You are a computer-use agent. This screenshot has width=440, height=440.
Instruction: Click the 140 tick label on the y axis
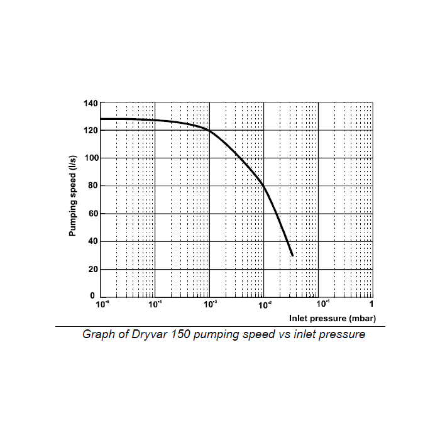(89, 102)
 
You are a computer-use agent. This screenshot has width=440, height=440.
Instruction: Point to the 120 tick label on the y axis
(89, 130)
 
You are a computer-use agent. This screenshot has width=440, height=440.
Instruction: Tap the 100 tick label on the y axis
(89, 158)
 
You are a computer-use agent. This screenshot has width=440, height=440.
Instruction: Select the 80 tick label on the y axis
(91, 185)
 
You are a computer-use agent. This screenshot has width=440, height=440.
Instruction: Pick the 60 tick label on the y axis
(91, 214)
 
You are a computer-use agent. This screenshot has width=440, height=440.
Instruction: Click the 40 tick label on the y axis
(91, 241)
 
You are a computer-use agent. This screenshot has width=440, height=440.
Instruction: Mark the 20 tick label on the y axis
(91, 269)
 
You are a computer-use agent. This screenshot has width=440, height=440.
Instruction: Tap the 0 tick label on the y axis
(94, 295)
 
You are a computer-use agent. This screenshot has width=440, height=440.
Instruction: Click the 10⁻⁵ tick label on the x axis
(102, 304)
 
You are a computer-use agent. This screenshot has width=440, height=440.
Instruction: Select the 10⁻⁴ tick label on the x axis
(155, 304)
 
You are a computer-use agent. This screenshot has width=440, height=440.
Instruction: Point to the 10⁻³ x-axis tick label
(210, 304)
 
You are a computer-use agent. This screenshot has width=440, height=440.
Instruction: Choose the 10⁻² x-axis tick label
(265, 304)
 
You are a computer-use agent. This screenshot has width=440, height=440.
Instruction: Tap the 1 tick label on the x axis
(371, 305)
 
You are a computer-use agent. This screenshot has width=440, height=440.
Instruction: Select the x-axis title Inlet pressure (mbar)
(333, 318)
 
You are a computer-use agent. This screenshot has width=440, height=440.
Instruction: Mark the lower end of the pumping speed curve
(292, 255)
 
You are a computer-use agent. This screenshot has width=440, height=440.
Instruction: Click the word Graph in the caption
(98, 334)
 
